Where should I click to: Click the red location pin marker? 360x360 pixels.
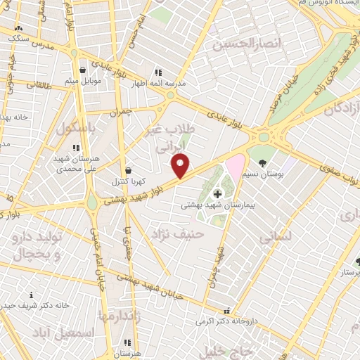pos(181,166)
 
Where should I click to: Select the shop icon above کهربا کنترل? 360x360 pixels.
pos(128,170)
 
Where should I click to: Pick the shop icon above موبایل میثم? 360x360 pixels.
pos(84,70)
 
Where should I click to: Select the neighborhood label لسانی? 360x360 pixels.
pos(276,238)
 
